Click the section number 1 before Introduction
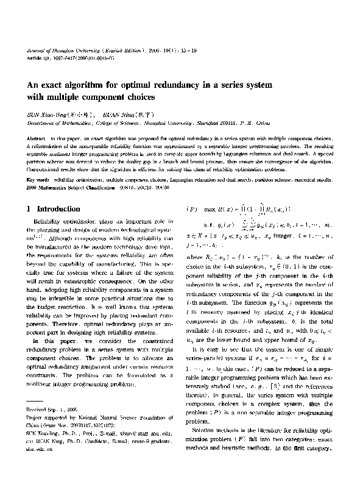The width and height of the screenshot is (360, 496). (x=30, y=209)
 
